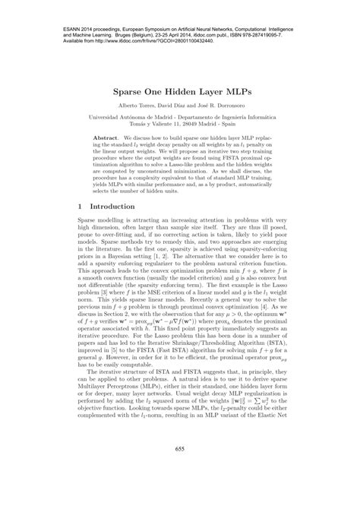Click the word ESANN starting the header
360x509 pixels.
tap(66, 11)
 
